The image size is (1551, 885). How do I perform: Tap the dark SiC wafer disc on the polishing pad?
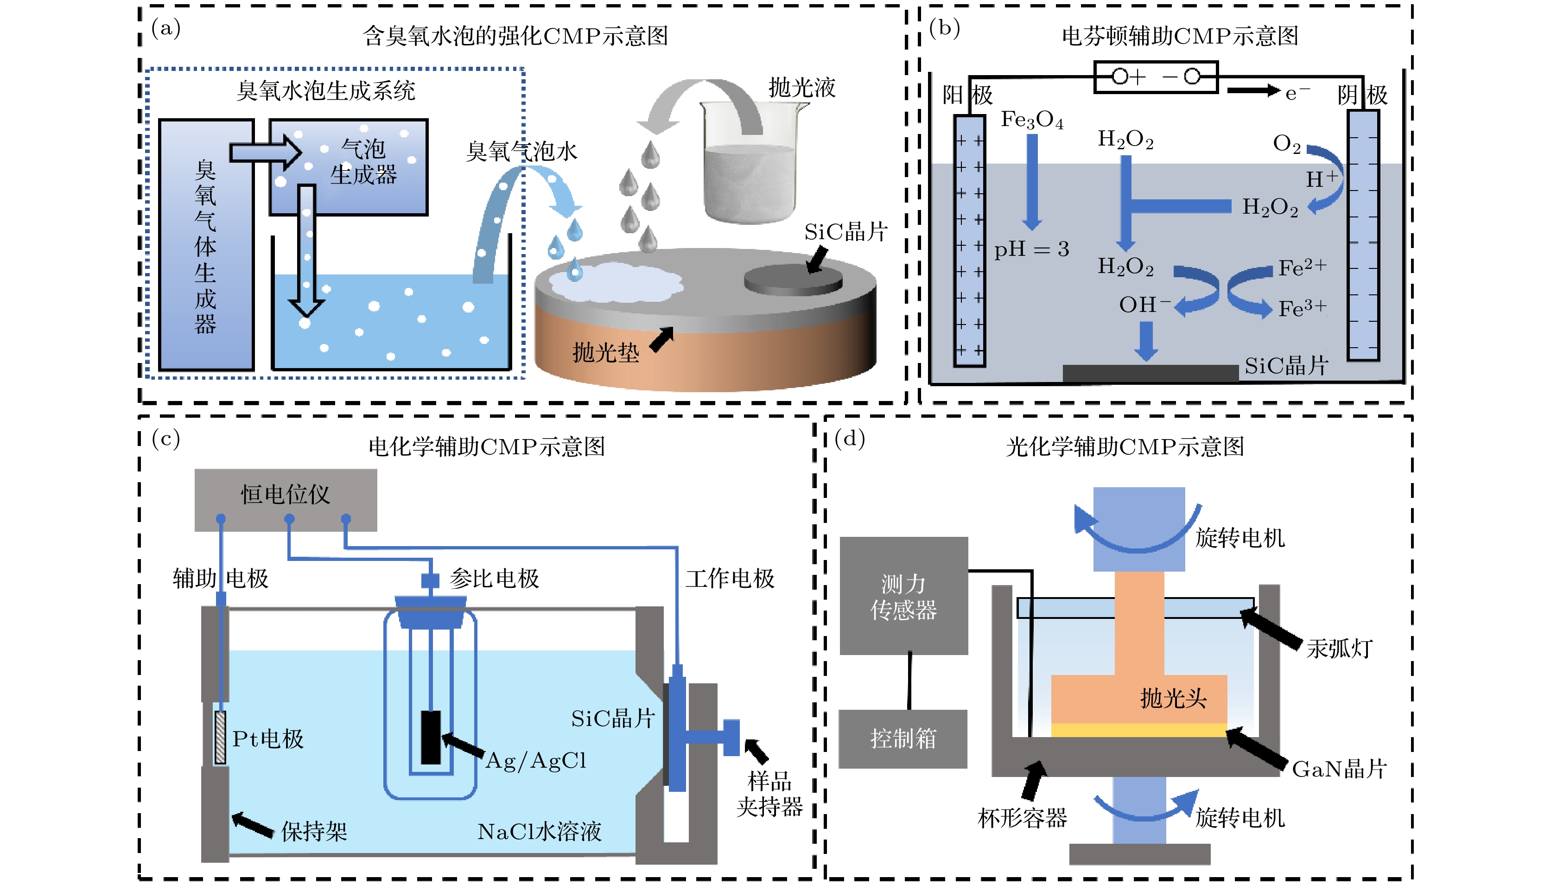(x=793, y=281)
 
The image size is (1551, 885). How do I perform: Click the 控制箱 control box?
(x=903, y=739)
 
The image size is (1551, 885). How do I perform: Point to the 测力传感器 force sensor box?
(x=903, y=596)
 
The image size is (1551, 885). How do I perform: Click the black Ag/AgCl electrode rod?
(x=430, y=737)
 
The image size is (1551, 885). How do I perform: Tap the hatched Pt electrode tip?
(x=220, y=737)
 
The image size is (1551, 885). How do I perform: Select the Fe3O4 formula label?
(x=1031, y=120)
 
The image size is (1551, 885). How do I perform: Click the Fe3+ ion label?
(x=1301, y=308)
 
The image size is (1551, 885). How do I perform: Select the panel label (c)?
(x=165, y=438)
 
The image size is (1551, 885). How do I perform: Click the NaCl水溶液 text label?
(x=539, y=831)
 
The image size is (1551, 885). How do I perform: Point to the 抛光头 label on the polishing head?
(x=1172, y=698)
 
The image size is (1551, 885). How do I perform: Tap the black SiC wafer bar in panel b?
(x=1150, y=373)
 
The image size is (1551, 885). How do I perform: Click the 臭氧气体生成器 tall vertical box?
(x=206, y=245)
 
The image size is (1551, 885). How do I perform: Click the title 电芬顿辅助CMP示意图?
(x=1179, y=37)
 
